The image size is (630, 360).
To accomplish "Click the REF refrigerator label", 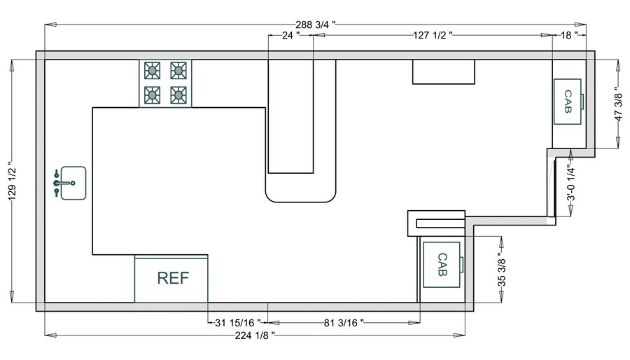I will [172, 278].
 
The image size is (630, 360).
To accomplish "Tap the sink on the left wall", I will [73, 183].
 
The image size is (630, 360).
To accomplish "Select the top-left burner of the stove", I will [153, 70].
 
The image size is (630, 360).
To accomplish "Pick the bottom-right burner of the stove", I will [178, 94].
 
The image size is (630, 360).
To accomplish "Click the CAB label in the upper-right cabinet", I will [568, 102].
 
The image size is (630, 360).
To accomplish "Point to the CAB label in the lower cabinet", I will [442, 264].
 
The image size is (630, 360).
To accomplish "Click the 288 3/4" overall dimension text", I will [315, 25].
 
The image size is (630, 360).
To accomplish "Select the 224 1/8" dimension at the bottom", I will [253, 335].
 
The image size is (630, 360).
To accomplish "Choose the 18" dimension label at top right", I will [569, 34].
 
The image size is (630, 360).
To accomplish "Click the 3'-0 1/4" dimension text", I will [570, 184].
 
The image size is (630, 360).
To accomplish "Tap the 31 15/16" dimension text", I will [238, 323].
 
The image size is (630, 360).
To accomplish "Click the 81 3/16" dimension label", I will [343, 323].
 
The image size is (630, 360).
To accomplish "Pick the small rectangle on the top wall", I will [443, 72].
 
